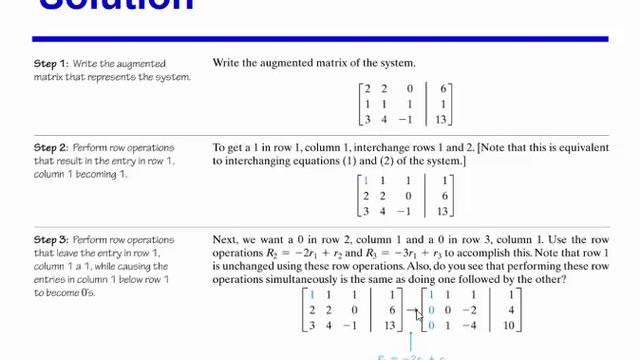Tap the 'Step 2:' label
pos(50,148)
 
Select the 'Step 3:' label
pos(50,240)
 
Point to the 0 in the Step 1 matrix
pos(410,89)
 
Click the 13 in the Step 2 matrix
pos(443,211)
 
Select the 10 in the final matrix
pos(509,326)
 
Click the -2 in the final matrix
pos(469,311)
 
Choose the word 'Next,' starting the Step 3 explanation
pos(228,240)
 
